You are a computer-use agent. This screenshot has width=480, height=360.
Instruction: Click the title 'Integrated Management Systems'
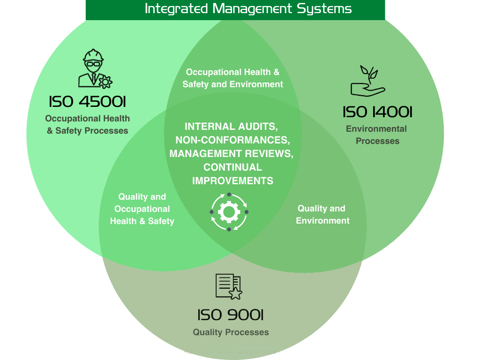coord(248,9)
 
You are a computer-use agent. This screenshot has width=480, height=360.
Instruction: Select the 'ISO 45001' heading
coord(88,102)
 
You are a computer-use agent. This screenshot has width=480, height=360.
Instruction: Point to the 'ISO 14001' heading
coord(377,112)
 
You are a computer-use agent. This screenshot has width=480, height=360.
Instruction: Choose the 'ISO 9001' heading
coord(230,315)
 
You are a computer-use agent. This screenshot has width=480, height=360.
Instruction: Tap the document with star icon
coord(229,286)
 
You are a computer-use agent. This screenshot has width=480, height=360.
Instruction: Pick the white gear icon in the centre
coord(229,212)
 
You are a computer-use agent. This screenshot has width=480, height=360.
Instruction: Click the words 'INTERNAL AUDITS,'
coord(232,127)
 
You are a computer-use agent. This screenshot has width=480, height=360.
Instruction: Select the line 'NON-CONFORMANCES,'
coord(232,140)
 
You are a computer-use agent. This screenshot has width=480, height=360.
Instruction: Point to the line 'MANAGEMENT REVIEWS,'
coord(232,154)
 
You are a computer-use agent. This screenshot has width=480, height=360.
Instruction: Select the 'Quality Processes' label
coord(231,332)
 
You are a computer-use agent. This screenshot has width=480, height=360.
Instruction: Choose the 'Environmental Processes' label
coord(377,135)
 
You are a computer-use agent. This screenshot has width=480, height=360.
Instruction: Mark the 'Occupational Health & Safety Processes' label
coord(88,125)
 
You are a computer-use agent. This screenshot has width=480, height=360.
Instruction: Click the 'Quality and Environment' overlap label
coord(322,215)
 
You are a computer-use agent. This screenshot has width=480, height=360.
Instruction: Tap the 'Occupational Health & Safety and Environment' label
coord(232,78)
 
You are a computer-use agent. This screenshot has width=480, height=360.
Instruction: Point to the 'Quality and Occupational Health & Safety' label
coord(142,209)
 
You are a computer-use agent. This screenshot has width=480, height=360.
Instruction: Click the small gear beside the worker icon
coord(105,82)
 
